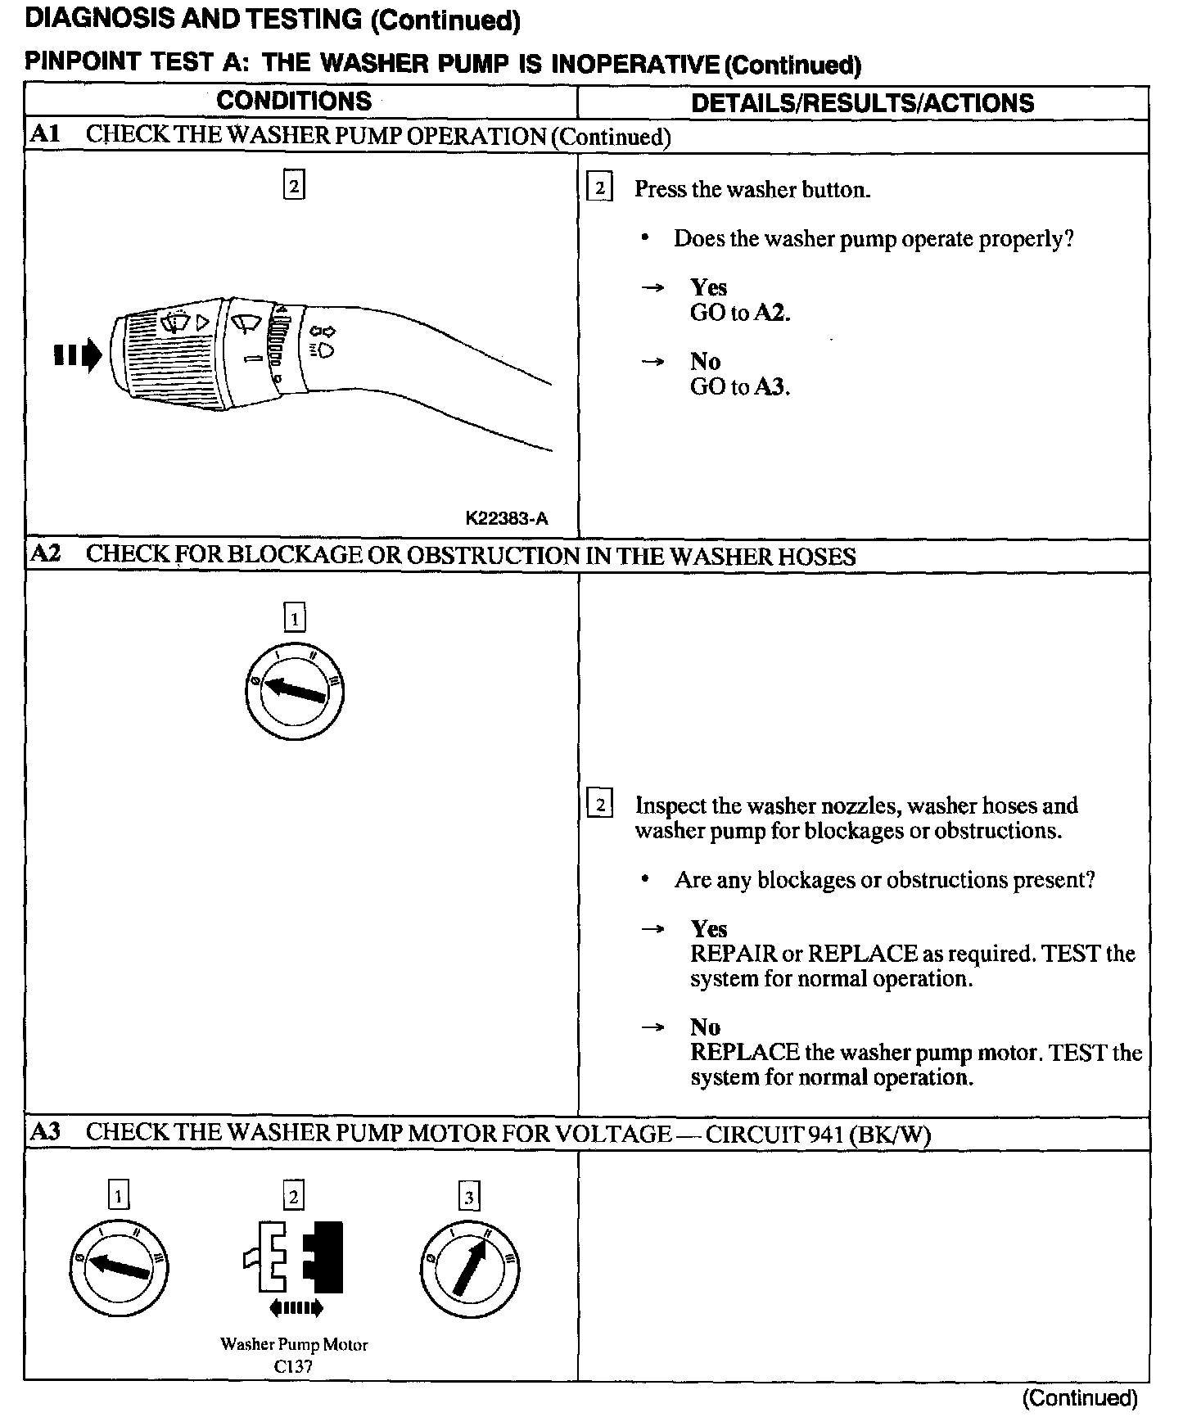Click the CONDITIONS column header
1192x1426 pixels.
pos(294,102)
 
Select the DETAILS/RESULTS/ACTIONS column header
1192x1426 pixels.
pos(862,103)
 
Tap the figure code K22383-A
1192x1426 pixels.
pos(506,518)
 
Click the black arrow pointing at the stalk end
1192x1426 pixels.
pos(78,356)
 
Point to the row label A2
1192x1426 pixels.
pos(45,554)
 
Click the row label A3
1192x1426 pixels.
pos(45,1132)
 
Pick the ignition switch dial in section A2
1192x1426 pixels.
pos(294,692)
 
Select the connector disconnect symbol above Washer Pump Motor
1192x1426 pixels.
pos(294,1260)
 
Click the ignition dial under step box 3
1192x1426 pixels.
pos(469,1270)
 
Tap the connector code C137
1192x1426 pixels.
pos(293,1366)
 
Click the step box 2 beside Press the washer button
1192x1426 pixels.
pos(599,189)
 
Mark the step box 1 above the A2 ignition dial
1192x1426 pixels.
pos(294,616)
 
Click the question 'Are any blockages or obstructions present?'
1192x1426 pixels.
pos(884,880)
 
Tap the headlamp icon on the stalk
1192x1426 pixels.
pos(324,351)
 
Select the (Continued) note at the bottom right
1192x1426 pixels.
pos(1080,1398)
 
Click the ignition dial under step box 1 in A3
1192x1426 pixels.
pos(119,1268)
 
